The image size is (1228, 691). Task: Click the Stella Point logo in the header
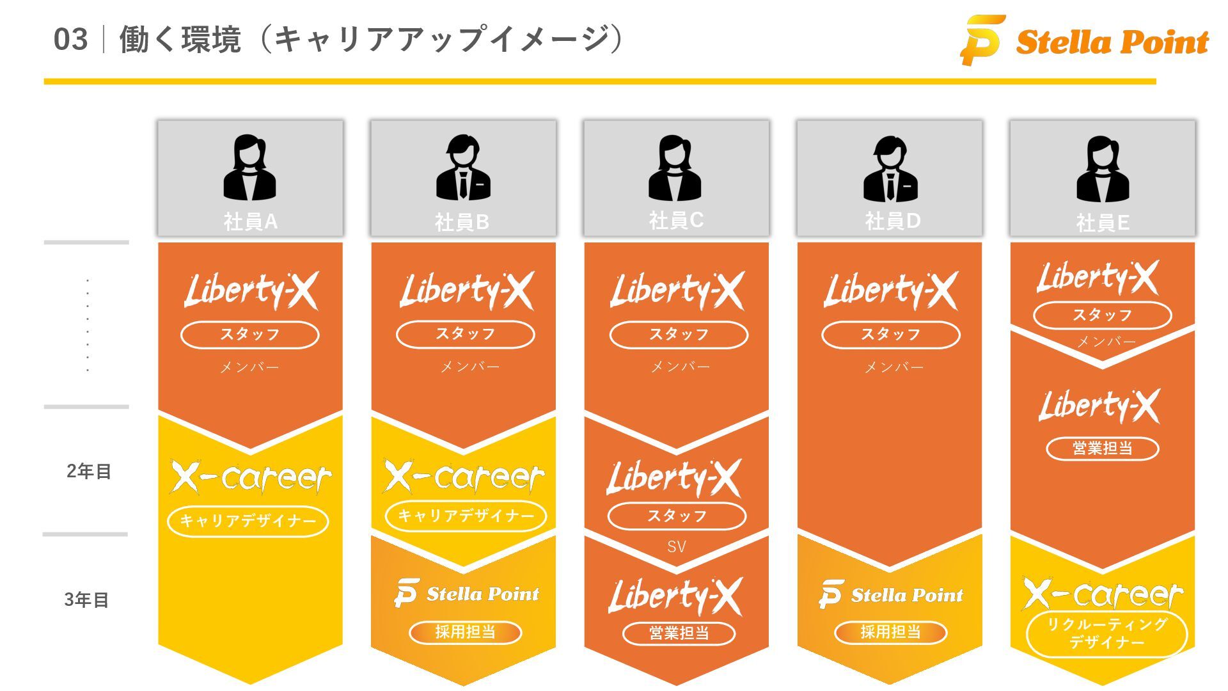click(x=1085, y=41)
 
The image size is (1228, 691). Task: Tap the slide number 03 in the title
click(x=70, y=40)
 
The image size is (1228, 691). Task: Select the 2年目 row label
click(x=89, y=472)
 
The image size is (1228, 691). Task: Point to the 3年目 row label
click(x=86, y=600)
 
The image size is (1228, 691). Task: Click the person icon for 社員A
click(x=250, y=168)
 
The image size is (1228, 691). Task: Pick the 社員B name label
click(x=462, y=222)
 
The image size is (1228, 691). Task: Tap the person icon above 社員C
click(x=675, y=168)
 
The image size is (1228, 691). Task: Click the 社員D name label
click(x=893, y=221)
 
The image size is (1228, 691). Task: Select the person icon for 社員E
click(x=1103, y=169)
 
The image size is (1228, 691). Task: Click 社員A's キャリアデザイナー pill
click(x=248, y=521)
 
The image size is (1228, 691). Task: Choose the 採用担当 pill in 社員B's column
click(x=466, y=632)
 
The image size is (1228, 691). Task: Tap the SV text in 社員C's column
click(x=676, y=547)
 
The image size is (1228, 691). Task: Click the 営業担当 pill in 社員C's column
click(x=679, y=633)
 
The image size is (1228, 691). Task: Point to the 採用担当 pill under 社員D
click(x=890, y=632)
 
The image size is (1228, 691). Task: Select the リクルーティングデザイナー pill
click(x=1106, y=633)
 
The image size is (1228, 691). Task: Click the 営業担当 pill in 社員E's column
click(x=1102, y=449)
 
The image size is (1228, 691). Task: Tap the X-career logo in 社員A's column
click(x=251, y=477)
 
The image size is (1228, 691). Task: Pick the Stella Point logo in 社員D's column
click(x=891, y=595)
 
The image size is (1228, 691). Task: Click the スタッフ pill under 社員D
click(x=890, y=335)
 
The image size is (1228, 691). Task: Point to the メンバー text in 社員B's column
click(x=470, y=367)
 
